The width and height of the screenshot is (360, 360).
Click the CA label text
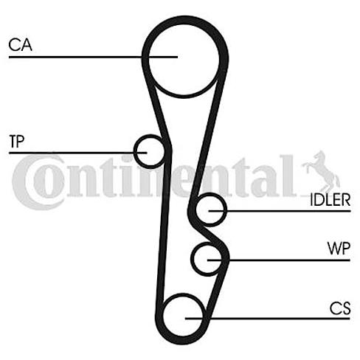point(20,45)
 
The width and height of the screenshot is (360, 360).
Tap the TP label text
point(17,141)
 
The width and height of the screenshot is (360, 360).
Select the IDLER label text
point(330,200)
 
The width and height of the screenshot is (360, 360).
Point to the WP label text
point(339,249)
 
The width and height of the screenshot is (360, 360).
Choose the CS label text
point(340,308)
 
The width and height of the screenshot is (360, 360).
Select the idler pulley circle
point(226,210)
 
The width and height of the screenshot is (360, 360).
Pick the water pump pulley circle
point(193,259)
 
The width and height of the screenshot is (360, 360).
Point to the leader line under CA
point(93,57)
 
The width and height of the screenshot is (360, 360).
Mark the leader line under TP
point(78,153)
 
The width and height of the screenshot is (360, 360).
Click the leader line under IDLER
point(280,211)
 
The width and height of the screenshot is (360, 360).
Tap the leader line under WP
point(279,260)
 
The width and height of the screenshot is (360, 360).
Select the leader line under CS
point(268,319)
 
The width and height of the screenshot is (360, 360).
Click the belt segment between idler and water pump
point(212,234)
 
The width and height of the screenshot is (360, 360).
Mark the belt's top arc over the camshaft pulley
point(185,20)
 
